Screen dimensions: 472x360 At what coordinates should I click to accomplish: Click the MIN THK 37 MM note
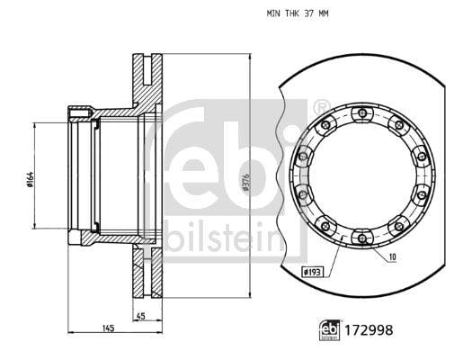(x=298, y=13)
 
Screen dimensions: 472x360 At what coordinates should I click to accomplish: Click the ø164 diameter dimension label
(x=30, y=179)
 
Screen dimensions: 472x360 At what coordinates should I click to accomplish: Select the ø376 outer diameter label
(x=245, y=182)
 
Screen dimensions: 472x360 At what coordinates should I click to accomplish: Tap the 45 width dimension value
(x=141, y=316)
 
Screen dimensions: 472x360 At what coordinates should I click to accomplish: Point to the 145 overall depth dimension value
(x=109, y=328)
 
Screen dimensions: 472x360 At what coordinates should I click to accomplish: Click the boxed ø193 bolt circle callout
(x=312, y=273)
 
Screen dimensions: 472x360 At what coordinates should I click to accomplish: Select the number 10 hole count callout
(x=393, y=256)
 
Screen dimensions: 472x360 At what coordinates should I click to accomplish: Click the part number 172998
(x=369, y=330)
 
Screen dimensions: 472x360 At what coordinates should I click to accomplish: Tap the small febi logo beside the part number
(x=330, y=330)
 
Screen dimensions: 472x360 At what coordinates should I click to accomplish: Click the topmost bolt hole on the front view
(x=362, y=113)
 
